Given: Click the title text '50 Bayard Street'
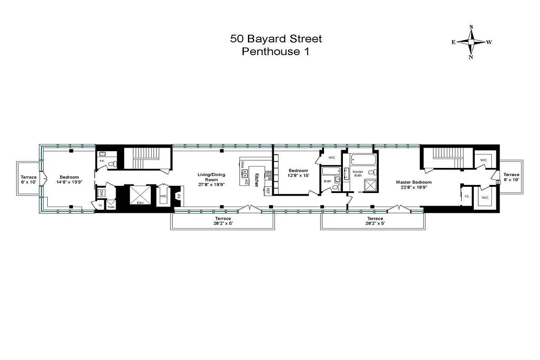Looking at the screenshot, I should click(276, 39).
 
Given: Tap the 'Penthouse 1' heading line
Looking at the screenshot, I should click(276, 51).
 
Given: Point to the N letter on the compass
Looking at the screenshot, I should click(471, 57).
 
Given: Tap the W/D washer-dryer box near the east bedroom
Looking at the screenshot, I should click(101, 193).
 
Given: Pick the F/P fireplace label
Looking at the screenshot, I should click(179, 196).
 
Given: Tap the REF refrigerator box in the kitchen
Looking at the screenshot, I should click(268, 190).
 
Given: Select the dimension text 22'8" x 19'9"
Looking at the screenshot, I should click(414, 187).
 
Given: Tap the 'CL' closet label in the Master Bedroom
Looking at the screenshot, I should click(467, 196).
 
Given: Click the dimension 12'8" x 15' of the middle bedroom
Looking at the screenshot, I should click(298, 175).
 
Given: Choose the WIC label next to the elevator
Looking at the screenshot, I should click(163, 196).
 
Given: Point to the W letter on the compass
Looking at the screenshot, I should click(489, 42).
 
